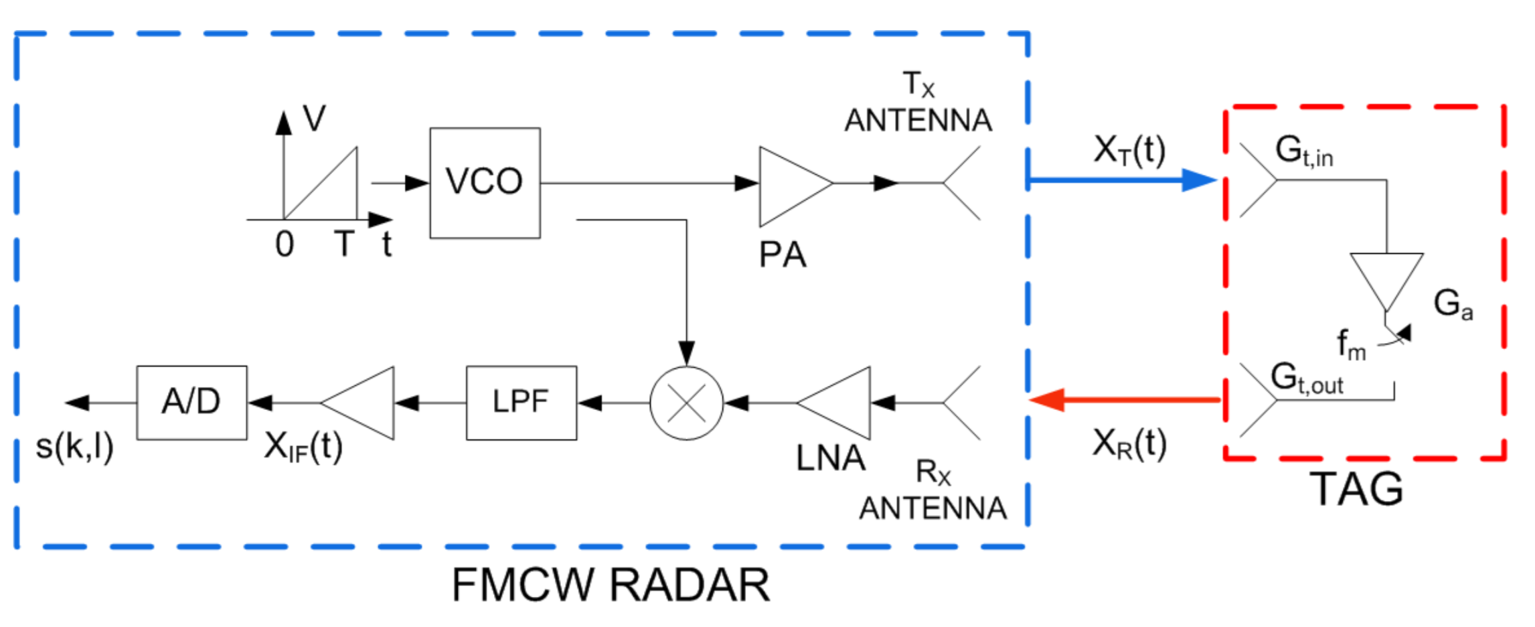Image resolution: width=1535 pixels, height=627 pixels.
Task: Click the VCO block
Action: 485,182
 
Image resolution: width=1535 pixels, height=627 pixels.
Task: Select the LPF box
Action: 521,403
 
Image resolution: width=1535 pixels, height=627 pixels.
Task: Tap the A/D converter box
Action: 191,403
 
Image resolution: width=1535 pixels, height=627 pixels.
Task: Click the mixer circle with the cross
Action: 686,403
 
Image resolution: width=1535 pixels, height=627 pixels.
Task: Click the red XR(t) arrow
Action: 1125,400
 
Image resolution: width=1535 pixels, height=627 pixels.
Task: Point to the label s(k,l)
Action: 74,447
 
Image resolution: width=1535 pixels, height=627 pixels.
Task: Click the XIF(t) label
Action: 303,447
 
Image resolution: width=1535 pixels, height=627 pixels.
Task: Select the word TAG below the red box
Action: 1356,489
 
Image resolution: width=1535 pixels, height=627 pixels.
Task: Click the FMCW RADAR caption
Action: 610,585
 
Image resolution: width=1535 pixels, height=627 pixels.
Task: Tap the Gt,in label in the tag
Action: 1303,151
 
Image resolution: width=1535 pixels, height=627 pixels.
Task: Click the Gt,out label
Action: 1305,378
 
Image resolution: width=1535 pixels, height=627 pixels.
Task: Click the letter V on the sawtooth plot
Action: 314,118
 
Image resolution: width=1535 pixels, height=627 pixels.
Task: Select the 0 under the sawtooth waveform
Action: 285,244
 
